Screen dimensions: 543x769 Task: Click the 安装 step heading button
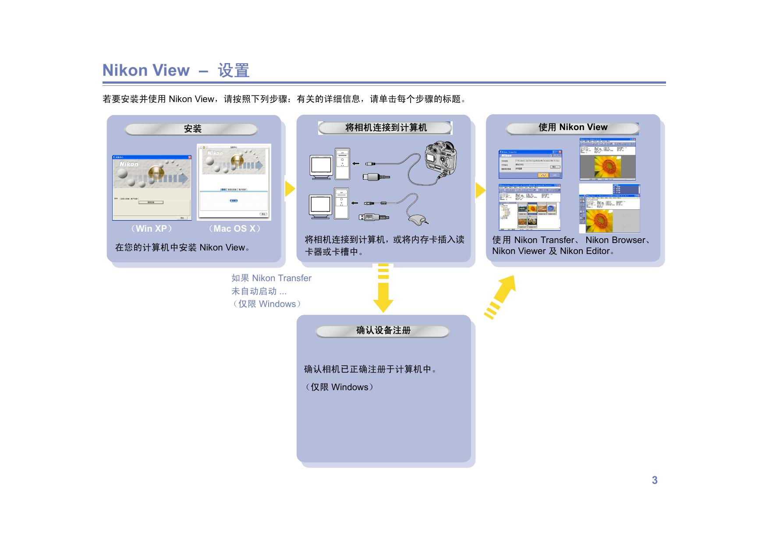pos(191,129)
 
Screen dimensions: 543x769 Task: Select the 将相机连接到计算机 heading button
pos(385,128)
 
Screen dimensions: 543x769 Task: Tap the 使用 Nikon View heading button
pos(572,128)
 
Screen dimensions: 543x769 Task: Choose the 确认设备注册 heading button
pos(383,331)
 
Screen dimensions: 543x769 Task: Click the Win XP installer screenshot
pos(152,187)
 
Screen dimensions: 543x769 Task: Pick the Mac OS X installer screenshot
pos(234,182)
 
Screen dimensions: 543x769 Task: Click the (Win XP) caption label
pos(151,229)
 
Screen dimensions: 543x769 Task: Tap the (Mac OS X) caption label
pos(234,229)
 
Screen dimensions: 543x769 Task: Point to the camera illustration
pos(440,157)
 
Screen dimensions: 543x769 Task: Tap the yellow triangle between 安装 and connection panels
pos(289,189)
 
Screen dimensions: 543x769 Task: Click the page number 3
pos(654,480)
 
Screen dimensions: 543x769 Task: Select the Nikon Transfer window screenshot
pos(530,164)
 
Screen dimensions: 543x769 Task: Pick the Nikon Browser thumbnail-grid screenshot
pos(529,207)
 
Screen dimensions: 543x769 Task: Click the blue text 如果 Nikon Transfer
pos(271,278)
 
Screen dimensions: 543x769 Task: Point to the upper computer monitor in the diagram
pos(321,166)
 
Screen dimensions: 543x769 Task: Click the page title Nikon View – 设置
pos(176,70)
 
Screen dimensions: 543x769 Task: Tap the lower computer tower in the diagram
pos(341,204)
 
